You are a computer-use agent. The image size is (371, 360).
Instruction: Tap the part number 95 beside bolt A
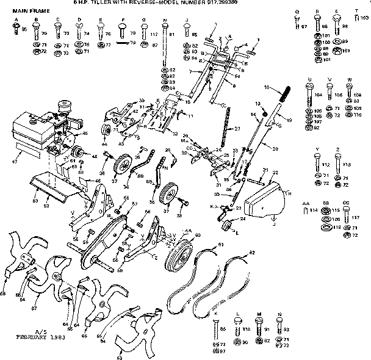(24, 29)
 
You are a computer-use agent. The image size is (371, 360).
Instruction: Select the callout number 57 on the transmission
(135, 206)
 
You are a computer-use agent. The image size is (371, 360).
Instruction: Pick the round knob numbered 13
(265, 112)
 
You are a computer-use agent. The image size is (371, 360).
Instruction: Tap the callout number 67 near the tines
(35, 299)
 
